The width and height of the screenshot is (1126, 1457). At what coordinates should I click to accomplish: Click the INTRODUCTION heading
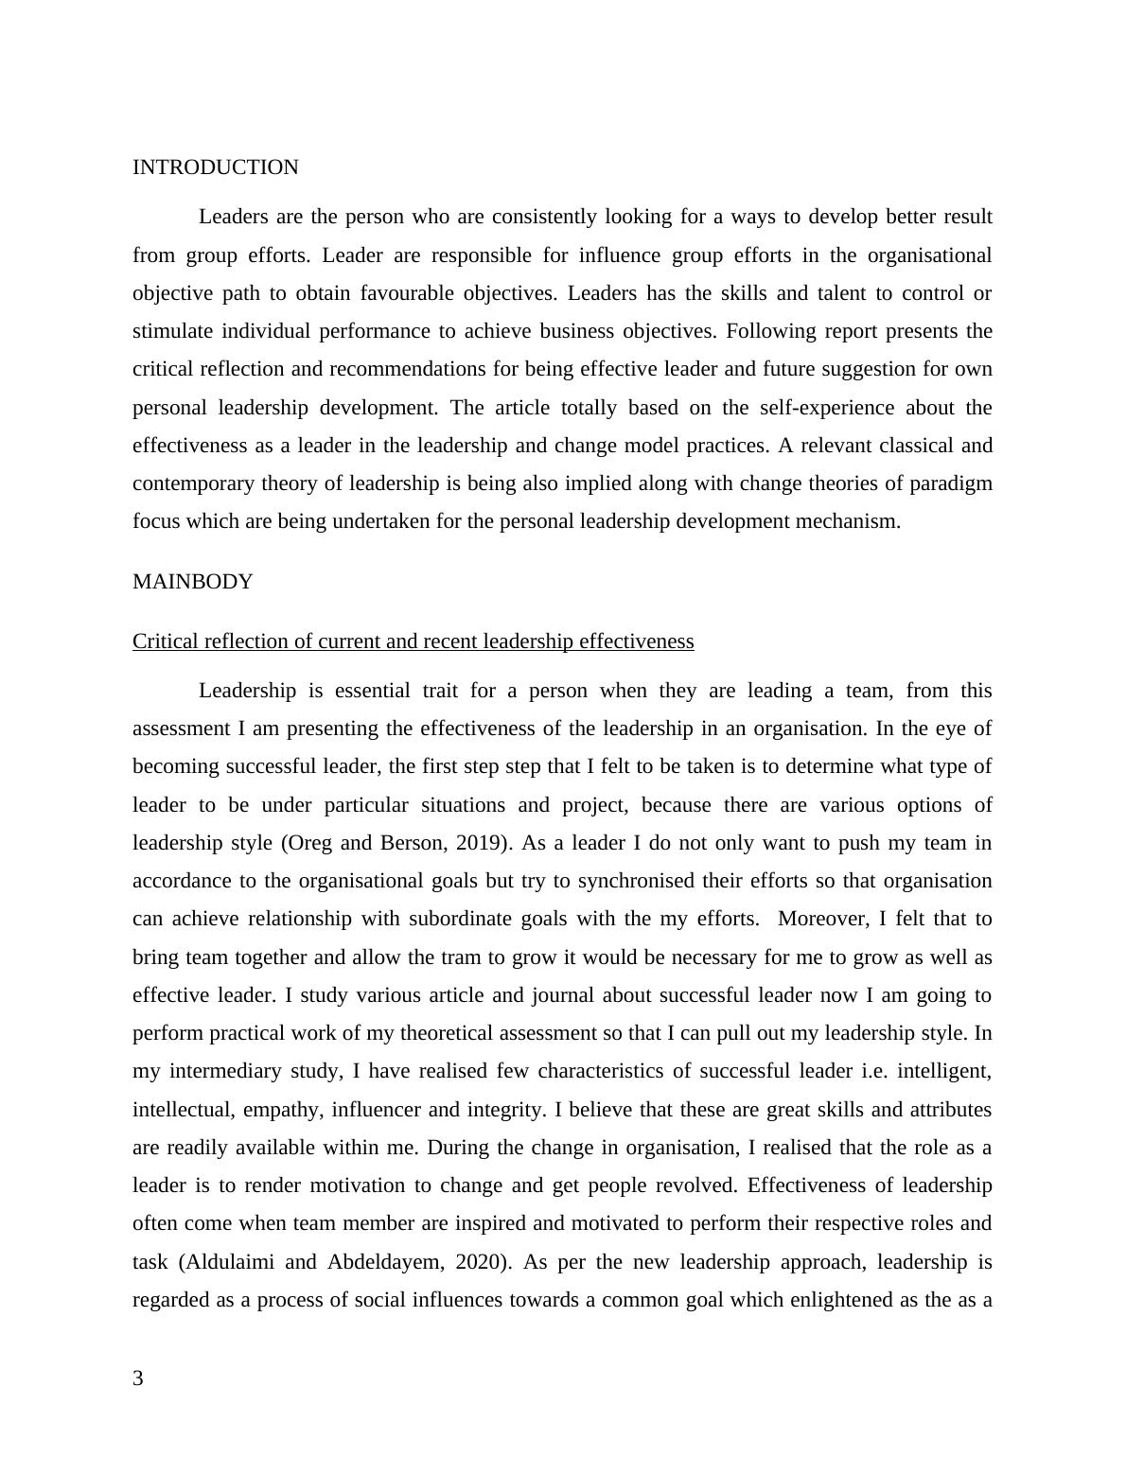click(x=215, y=167)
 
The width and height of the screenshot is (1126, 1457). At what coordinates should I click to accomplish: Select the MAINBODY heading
click(x=193, y=582)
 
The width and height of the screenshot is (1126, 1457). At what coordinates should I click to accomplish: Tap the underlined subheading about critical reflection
click(x=413, y=641)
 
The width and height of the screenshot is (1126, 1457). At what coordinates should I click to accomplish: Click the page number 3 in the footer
click(x=138, y=1378)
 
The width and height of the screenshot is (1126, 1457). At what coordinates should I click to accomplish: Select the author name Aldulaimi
click(x=229, y=1262)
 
